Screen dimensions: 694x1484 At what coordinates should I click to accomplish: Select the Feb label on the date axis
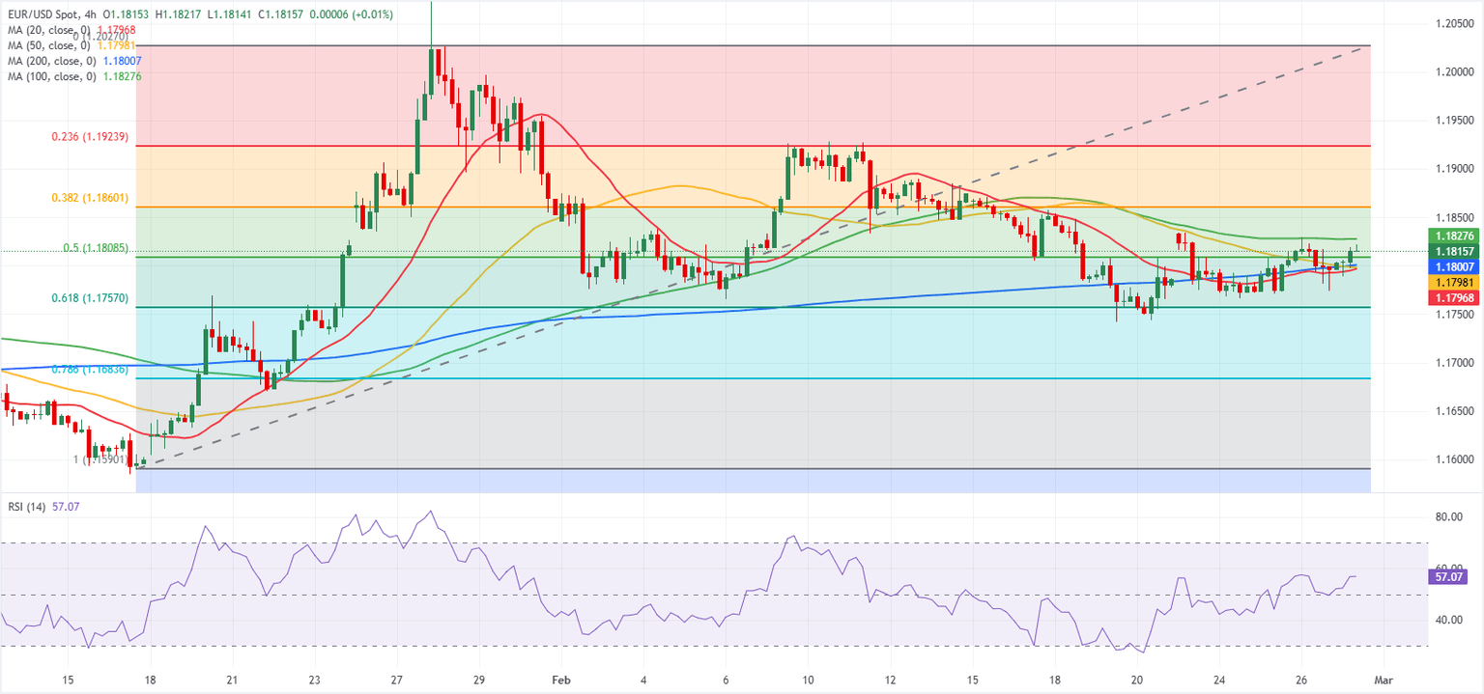[561, 680]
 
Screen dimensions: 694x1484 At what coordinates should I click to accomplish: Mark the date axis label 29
[479, 680]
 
